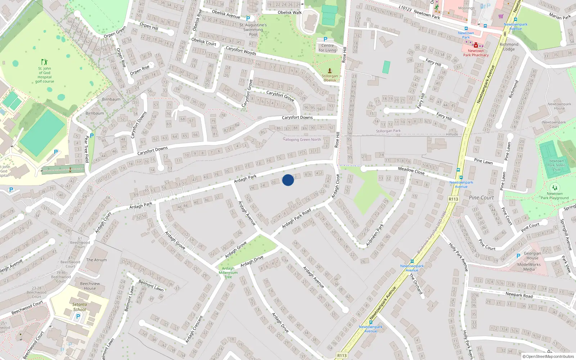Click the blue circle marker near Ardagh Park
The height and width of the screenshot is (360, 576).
click(288, 180)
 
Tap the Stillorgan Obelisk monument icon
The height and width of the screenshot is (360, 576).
click(329, 71)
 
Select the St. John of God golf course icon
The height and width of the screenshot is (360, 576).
click(44, 62)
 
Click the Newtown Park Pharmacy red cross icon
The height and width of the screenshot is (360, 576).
click(476, 45)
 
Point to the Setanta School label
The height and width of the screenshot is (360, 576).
click(80, 307)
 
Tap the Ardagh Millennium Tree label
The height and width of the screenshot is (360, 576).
click(228, 273)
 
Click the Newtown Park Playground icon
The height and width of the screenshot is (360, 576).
click(555, 188)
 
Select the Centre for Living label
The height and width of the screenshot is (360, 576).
click(327, 48)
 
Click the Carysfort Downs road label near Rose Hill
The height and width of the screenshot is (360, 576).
click(297, 117)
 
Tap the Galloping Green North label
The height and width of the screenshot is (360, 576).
click(302, 140)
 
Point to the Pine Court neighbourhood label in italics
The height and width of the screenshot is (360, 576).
click(481, 198)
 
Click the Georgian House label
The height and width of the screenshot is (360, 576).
click(532, 256)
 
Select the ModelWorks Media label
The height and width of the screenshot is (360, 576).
click(529, 267)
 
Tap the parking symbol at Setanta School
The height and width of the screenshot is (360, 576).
click(78, 316)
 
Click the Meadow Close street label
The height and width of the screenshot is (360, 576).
click(411, 171)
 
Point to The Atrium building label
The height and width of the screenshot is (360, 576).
click(96, 260)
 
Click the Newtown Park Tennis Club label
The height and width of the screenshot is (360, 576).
click(557, 165)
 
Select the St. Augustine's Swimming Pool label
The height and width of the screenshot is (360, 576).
click(253, 30)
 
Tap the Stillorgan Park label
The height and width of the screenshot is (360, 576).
click(388, 131)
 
